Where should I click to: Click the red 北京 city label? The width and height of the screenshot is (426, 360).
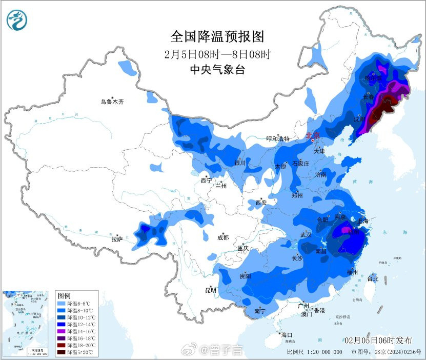(x=312, y=136)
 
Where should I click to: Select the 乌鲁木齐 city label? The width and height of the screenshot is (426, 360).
(x=112, y=102)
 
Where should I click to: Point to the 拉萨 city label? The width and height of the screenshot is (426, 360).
(x=117, y=239)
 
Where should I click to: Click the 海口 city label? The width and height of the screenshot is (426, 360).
(x=287, y=334)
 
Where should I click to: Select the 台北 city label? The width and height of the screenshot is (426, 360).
(x=372, y=279)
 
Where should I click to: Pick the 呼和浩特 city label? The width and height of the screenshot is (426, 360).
(x=278, y=138)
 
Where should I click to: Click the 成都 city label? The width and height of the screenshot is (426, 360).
(x=222, y=237)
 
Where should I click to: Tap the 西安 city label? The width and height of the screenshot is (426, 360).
(x=261, y=203)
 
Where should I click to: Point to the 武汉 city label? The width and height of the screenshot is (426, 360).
(x=306, y=234)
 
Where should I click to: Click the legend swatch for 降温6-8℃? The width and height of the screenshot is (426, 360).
(x=61, y=304)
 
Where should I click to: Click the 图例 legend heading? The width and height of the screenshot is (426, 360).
(x=64, y=296)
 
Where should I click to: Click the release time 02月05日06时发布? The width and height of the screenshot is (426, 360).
(x=378, y=341)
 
